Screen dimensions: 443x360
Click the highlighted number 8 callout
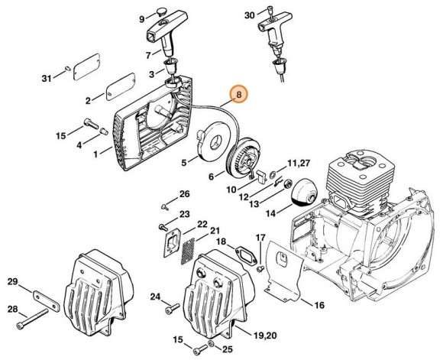[239, 95]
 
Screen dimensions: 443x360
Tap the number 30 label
[249, 15]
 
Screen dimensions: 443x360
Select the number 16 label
[319, 305]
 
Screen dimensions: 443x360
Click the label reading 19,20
[265, 336]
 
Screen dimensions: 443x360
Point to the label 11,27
[299, 163]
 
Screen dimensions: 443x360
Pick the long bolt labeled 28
[32, 319]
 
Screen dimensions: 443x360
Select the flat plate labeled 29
[47, 300]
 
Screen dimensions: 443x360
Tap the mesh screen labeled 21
[188, 251]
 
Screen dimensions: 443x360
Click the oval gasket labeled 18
[246, 255]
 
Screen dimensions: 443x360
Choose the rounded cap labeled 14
[305, 193]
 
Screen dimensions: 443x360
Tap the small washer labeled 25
[211, 344]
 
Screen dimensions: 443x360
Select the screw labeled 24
[173, 308]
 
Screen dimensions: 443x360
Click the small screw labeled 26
[165, 207]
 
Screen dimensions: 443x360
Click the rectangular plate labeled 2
[121, 87]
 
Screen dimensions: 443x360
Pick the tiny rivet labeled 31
[68, 68]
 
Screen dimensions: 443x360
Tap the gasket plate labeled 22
[171, 243]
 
